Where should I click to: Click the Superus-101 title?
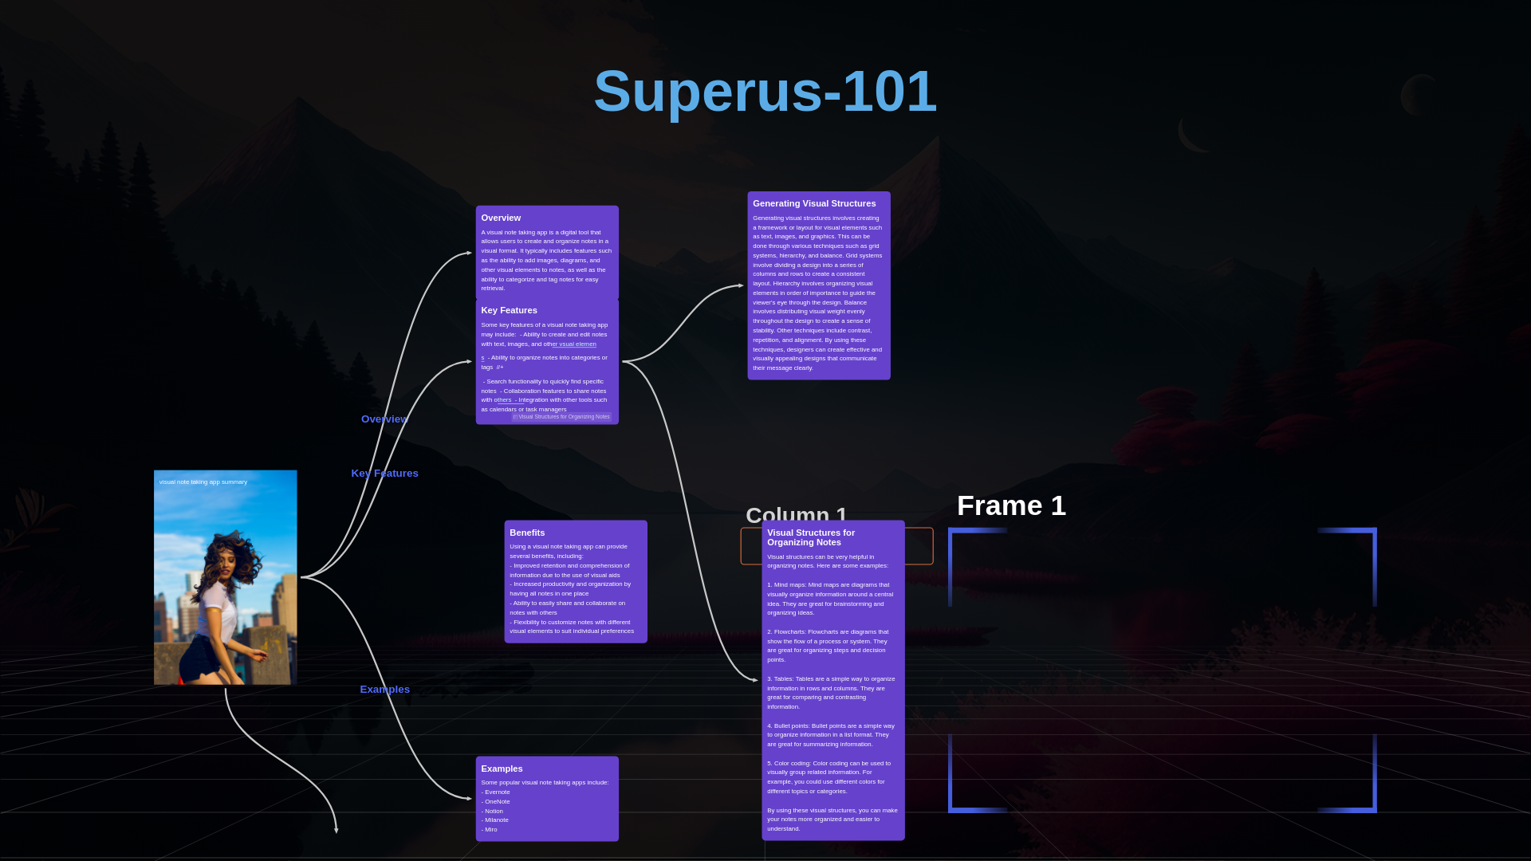765,91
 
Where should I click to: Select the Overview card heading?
501,218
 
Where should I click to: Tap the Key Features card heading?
509,310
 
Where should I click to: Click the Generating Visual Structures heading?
814,203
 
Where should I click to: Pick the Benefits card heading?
527,533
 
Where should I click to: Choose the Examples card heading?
502,769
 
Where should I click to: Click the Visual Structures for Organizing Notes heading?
810,537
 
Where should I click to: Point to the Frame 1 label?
1011,505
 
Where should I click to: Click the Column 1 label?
796,515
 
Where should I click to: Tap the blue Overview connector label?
384,419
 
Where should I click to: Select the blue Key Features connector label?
384,474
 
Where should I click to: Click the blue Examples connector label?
384,690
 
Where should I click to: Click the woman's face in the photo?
225,564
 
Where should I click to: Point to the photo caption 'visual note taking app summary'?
203,482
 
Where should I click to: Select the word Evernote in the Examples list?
498,792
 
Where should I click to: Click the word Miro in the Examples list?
490,830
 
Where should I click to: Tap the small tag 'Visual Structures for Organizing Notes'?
562,417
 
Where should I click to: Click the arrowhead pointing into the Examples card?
469,798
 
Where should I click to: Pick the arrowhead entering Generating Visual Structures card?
741,285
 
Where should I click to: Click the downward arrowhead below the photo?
337,830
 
